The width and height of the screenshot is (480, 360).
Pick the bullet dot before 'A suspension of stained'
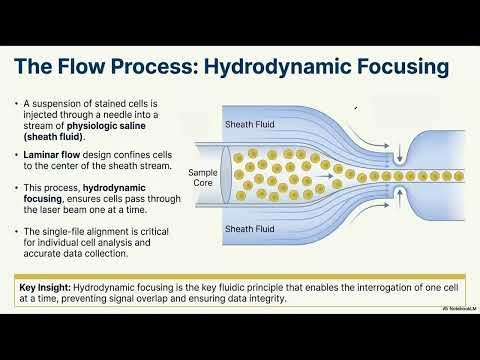[18, 103]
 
